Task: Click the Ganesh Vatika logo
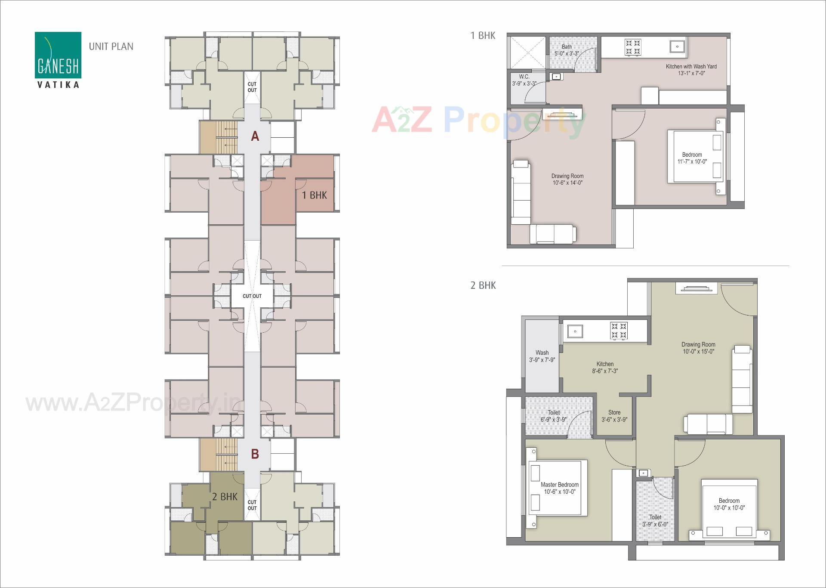(x=58, y=59)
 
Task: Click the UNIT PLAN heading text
(x=111, y=46)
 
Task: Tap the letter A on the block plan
(x=255, y=136)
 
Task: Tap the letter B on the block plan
(x=255, y=454)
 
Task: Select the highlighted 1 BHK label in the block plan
(x=314, y=195)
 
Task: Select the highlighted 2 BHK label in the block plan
(x=225, y=497)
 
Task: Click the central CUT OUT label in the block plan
(x=252, y=296)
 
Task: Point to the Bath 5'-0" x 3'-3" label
(x=567, y=50)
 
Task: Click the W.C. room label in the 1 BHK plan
(x=524, y=80)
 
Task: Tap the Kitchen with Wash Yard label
(x=691, y=70)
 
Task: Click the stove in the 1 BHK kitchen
(x=633, y=47)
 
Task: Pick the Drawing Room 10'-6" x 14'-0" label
(x=567, y=179)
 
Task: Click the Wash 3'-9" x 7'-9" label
(x=542, y=356)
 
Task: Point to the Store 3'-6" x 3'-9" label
(x=614, y=416)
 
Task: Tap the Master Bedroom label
(x=559, y=488)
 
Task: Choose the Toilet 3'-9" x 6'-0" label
(x=655, y=520)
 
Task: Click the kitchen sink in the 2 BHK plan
(x=575, y=331)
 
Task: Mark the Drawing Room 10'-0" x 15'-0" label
(x=698, y=348)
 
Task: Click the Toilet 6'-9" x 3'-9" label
(x=554, y=416)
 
